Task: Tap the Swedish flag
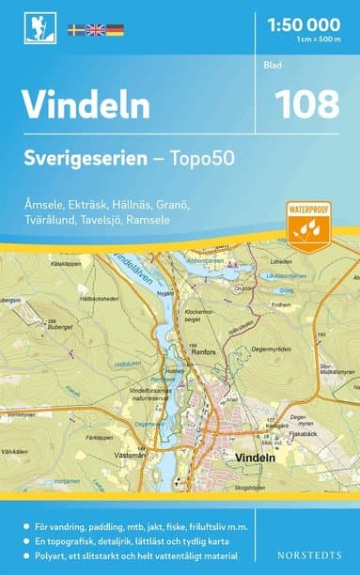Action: pyautogui.click(x=77, y=30)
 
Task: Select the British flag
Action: pyautogui.click(x=96, y=30)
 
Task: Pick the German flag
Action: pyautogui.click(x=115, y=30)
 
